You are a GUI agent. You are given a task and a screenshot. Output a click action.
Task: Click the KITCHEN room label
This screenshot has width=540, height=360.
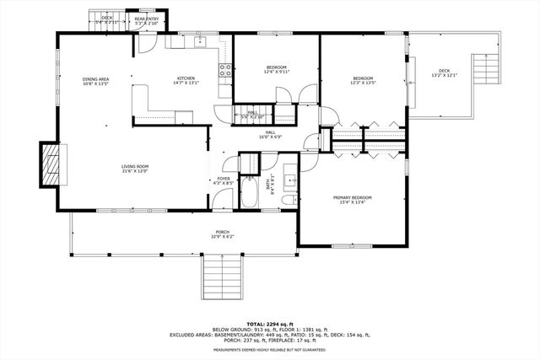click(x=186, y=81)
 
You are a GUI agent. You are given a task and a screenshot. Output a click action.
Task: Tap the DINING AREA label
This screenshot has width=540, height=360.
click(x=95, y=81)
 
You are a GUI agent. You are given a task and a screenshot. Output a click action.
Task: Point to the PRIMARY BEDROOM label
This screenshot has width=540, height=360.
click(x=354, y=199)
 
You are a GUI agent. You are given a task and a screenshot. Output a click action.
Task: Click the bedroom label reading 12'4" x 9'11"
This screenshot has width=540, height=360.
click(x=277, y=70)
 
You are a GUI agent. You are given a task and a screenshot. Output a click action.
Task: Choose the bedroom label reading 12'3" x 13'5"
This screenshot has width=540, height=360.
click(x=363, y=81)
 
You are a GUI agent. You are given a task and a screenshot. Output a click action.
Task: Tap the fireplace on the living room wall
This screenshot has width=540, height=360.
click(x=51, y=164)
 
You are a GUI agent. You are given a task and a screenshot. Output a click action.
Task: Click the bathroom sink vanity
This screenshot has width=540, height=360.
click(x=289, y=178)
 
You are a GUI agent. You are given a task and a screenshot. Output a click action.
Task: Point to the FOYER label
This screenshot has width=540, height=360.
click(x=224, y=180)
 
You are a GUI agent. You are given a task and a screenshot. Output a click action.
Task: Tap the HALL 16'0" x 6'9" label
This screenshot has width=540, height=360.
click(x=270, y=134)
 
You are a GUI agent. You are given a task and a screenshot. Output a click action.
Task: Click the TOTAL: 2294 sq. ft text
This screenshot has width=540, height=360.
click(x=270, y=324)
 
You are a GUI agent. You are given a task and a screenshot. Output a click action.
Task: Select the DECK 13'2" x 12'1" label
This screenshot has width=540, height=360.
click(x=443, y=73)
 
